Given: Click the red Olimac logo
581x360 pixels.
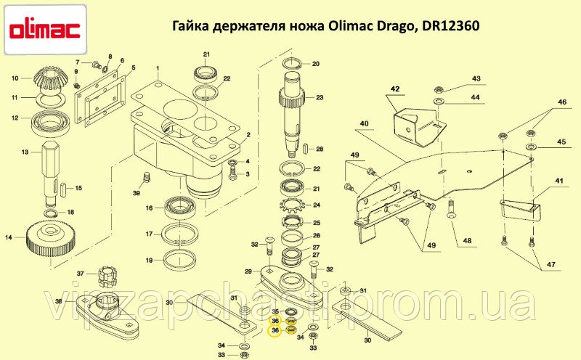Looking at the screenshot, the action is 45,30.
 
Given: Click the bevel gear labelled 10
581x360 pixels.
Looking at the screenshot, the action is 50,81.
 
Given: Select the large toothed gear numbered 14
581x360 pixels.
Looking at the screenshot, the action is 52,240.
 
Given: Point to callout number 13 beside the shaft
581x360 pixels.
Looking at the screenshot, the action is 25,152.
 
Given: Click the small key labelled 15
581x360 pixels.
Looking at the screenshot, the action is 64,188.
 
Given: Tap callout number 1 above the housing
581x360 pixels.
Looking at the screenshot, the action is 158,68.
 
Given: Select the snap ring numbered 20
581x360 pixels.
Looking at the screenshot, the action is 293,63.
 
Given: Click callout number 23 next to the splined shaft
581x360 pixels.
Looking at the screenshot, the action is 320,97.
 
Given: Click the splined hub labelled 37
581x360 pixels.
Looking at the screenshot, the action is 107,276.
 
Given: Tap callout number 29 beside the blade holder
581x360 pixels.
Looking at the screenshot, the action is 248,271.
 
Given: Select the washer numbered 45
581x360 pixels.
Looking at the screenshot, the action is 531,144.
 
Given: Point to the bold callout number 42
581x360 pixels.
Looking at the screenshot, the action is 395,89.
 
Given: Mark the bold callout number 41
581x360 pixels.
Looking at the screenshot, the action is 558,181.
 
